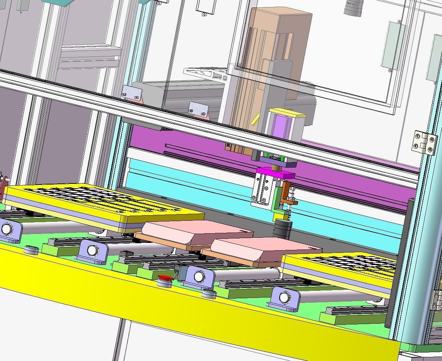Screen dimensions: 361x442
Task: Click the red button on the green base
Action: click(165, 278)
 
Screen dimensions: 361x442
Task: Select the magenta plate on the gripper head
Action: click(276, 172)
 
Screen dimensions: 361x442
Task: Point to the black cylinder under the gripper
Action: click(282, 228)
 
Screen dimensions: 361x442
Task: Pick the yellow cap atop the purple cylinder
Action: click(288, 113)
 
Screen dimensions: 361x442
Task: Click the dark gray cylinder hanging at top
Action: click(353, 7)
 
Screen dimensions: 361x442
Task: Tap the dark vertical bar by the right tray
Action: click(399, 258)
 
